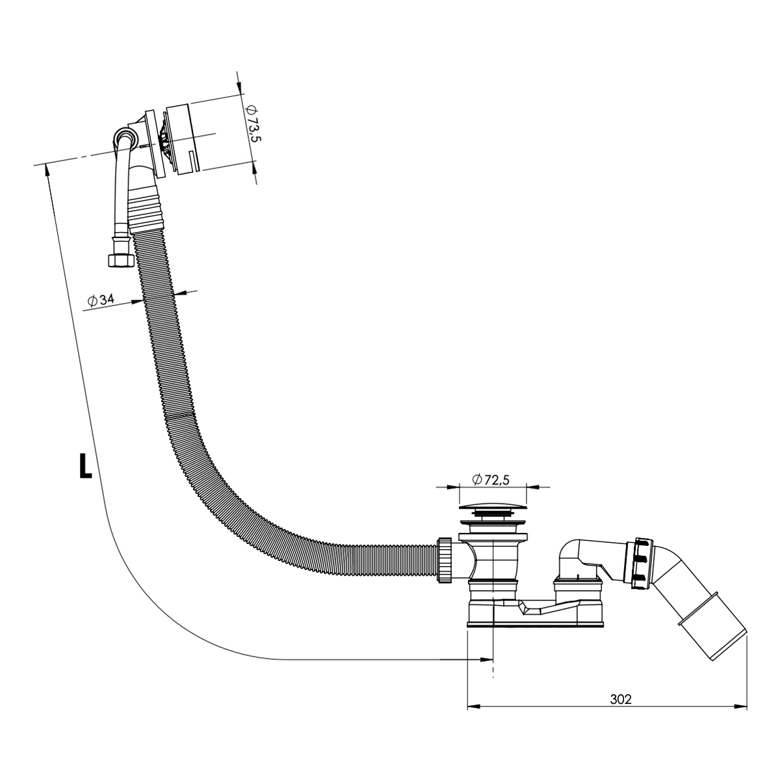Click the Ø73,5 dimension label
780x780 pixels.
[x=253, y=123]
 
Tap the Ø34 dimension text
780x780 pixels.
[x=101, y=300]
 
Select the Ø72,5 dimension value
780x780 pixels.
[x=491, y=480]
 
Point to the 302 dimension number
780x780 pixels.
[x=621, y=699]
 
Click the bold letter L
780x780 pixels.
[x=85, y=465]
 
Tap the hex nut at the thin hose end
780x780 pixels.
[x=121, y=260]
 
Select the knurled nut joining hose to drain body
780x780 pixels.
[x=445, y=560]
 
